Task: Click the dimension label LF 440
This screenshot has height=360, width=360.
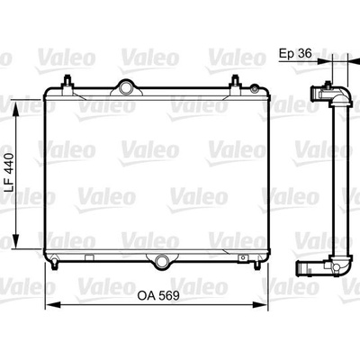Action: [x=10, y=173]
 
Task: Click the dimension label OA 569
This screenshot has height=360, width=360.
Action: [x=158, y=296]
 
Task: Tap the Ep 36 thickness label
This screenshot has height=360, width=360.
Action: [x=295, y=53]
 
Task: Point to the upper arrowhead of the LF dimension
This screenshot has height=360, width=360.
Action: [x=16, y=111]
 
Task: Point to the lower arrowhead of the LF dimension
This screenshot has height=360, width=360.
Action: [x=16, y=241]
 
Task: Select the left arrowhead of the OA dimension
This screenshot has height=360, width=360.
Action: [x=52, y=305]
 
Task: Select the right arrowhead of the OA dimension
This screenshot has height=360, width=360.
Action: [x=260, y=305]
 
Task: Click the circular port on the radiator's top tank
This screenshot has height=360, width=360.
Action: [x=126, y=88]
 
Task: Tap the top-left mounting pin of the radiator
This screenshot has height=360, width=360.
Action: [x=67, y=81]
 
